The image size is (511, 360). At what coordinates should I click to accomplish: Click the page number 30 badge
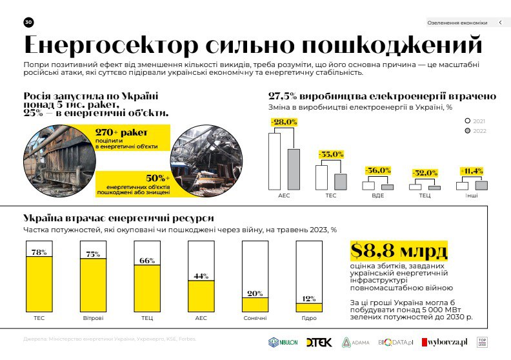tap(28, 22)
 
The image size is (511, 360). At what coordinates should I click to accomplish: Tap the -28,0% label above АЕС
tap(283, 122)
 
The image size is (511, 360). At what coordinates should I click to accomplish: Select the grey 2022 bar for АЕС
tap(294, 168)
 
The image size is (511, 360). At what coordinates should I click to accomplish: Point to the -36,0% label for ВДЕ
tap(378, 170)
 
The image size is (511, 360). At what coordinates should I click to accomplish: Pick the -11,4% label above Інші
tap(472, 171)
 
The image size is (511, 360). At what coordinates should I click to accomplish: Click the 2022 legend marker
tap(468, 130)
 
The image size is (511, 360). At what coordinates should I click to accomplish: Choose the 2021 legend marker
tap(468, 121)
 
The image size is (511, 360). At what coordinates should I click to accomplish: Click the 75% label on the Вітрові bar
tap(93, 254)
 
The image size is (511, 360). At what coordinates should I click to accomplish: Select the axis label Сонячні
tap(255, 319)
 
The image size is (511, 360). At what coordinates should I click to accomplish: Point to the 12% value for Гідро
tap(309, 299)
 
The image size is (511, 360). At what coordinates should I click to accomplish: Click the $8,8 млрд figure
tap(398, 250)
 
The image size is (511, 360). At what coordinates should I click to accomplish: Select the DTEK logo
tap(319, 342)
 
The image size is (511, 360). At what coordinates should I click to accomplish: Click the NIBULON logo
tap(283, 342)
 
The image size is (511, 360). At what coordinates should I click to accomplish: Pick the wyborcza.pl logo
tap(445, 342)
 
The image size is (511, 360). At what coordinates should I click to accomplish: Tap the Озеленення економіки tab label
tap(457, 23)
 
